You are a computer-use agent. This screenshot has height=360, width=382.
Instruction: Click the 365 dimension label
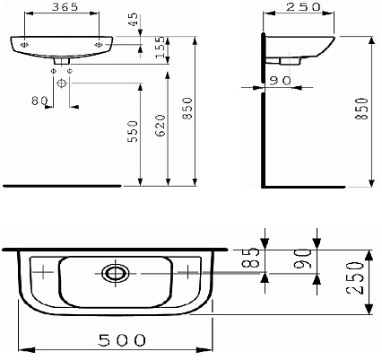[x=65, y=7]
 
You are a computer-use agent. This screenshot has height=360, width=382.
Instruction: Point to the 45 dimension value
[x=134, y=19]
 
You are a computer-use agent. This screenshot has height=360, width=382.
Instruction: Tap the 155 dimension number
[x=161, y=48]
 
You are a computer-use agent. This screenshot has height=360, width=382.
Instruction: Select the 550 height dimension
[x=133, y=131]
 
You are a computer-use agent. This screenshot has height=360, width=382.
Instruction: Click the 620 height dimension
[x=161, y=125]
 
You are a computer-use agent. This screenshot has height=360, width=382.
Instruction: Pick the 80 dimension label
[x=39, y=101]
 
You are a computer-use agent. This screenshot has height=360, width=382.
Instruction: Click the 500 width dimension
[x=122, y=340]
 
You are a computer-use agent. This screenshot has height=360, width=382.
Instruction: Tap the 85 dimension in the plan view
[x=254, y=258]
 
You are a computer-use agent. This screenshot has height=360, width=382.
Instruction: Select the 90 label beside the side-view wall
[x=280, y=81]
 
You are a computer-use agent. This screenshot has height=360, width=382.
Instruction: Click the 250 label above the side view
[x=303, y=7]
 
